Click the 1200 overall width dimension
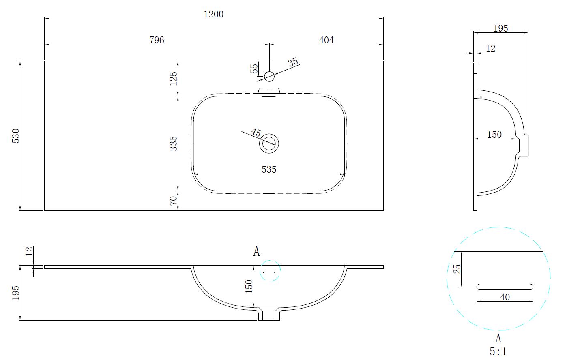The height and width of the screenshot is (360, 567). pyautogui.click(x=213, y=14)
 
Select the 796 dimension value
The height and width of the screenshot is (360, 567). pyautogui.click(x=157, y=40)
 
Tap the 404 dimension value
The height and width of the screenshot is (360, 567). pyautogui.click(x=326, y=40)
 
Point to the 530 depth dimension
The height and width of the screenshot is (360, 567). pyautogui.click(x=15, y=136)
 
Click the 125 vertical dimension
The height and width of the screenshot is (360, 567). pyautogui.click(x=173, y=78)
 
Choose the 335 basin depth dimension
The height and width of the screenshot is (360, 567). pyautogui.click(x=173, y=144)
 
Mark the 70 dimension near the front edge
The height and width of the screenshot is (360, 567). pyautogui.click(x=173, y=201)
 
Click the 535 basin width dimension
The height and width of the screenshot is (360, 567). pyautogui.click(x=268, y=169)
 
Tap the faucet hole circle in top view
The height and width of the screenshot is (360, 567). pyautogui.click(x=269, y=76)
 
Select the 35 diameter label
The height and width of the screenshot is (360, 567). pyautogui.click(x=293, y=62)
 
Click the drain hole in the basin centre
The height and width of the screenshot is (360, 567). pyautogui.click(x=269, y=143)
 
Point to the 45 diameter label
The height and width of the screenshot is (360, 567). pyautogui.click(x=256, y=132)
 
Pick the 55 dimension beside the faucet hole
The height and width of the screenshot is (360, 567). pyautogui.click(x=254, y=69)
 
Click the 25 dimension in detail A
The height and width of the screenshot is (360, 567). pyautogui.click(x=457, y=269)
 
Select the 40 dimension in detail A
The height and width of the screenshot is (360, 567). pyautogui.click(x=505, y=297)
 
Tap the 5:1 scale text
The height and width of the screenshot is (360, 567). pyautogui.click(x=498, y=351)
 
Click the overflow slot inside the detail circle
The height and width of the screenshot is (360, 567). pyautogui.click(x=505, y=287)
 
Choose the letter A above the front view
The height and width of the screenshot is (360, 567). pyautogui.click(x=256, y=252)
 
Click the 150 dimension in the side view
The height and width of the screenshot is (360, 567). pyautogui.click(x=494, y=134)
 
